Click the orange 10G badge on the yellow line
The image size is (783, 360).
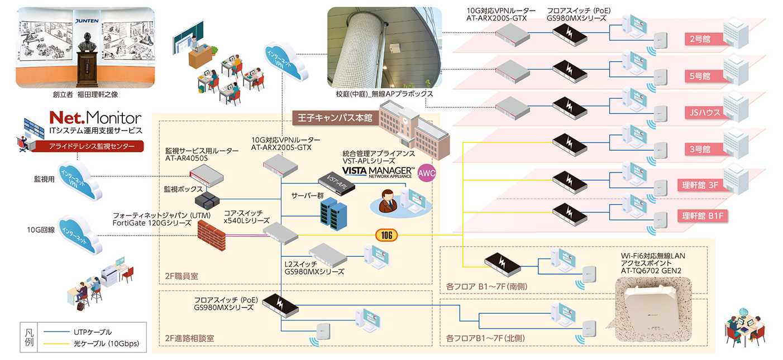click(386, 235)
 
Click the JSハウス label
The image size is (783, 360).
click(702, 112)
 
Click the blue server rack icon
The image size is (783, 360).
click(333, 213)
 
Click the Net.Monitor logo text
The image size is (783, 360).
click(94, 118)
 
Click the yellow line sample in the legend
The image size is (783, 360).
click(55, 343)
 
